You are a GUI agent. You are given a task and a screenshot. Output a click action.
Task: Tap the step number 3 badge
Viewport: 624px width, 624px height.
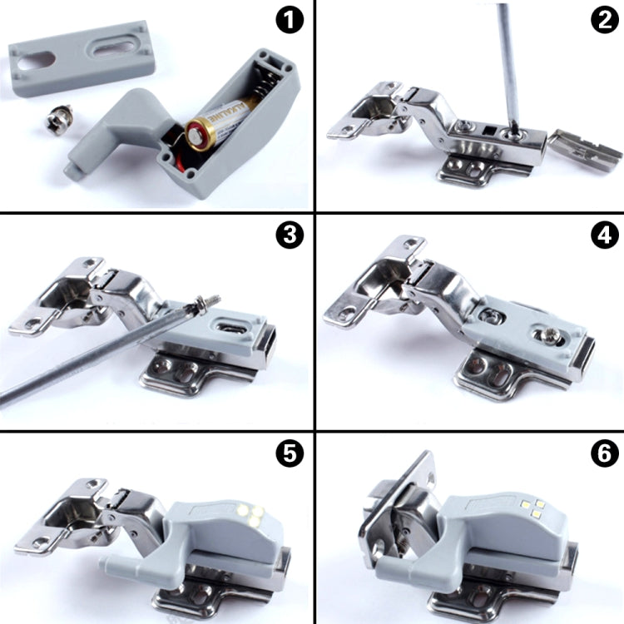(x=290, y=236)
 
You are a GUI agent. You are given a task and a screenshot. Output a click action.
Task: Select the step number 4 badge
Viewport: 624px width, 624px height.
(x=602, y=236)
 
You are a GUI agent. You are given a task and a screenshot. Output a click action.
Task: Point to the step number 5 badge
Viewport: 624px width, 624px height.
(x=290, y=454)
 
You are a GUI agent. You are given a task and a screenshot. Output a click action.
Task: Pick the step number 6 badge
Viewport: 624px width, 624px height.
(x=602, y=454)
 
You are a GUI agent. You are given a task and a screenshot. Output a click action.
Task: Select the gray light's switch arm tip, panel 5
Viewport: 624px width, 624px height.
(x=109, y=564)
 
